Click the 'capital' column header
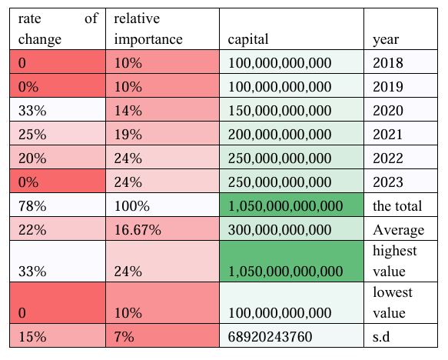click(248, 39)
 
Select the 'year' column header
click(386, 40)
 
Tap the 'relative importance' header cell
click(148, 29)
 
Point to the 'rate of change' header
click(58, 29)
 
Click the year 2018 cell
click(388, 63)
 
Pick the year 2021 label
click(388, 135)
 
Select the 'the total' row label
click(397, 206)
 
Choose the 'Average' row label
click(398, 230)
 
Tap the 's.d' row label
click(381, 337)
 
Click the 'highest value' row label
click(394, 261)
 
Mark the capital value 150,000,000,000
click(280, 111)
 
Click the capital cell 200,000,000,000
click(280, 135)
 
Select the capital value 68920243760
click(270, 337)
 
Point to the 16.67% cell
click(138, 230)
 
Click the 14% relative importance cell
click(128, 111)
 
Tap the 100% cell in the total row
click(131, 206)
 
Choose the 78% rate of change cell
click(32, 206)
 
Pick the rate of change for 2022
click(32, 158)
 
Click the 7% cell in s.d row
click(124, 337)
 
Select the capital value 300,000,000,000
click(280, 230)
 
